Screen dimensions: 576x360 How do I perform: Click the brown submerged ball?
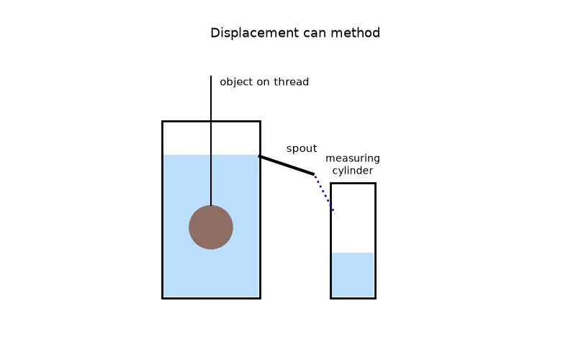(211, 228)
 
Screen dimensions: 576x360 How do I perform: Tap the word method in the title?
(355, 32)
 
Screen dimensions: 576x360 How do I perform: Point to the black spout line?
(287, 165)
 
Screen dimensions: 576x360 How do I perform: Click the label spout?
(302, 149)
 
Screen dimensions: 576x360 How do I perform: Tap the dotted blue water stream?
(325, 194)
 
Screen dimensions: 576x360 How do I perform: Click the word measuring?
(353, 158)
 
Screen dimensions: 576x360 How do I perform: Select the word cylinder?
(353, 171)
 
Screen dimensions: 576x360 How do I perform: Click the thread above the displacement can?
(211, 99)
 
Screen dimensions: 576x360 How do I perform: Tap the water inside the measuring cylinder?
(353, 274)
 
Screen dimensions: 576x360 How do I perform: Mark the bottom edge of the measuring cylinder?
(353, 298)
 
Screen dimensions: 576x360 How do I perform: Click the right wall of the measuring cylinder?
(375, 241)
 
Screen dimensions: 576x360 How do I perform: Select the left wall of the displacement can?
(163, 210)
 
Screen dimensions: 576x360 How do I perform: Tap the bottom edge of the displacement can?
(211, 298)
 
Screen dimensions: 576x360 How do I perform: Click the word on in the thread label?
(263, 82)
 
